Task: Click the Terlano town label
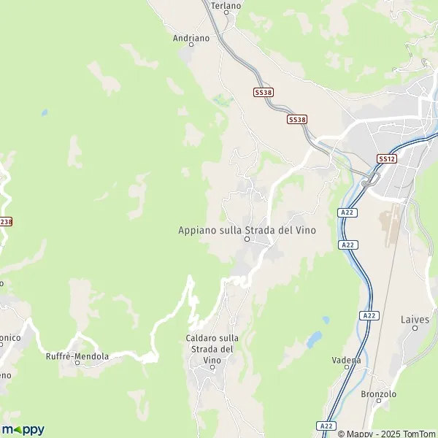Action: [x=226, y=6]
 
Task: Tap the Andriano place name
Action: [x=191, y=37]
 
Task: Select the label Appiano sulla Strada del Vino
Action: [x=247, y=230]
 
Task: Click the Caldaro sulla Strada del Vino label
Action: [x=212, y=349]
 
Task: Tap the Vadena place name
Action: [x=346, y=360]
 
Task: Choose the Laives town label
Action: [x=415, y=320]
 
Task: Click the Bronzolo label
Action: [x=378, y=394]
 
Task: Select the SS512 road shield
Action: [x=386, y=158]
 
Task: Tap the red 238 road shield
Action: [x=6, y=221]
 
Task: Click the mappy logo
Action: [x=23, y=429]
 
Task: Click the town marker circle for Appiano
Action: [x=247, y=239]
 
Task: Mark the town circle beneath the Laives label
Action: [x=416, y=328]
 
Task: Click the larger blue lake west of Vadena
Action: [x=314, y=339]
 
